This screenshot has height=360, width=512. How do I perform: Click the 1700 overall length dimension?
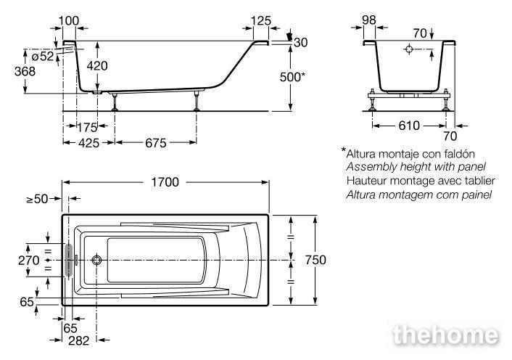coord(165,182)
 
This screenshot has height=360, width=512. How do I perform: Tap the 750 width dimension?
coord(315,260)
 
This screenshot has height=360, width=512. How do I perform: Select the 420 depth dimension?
coord(97,66)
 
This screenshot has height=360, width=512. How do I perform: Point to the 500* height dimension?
coord(292,77)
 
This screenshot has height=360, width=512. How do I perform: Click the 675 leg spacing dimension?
coord(156,143)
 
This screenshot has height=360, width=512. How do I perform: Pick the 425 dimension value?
coord(88,143)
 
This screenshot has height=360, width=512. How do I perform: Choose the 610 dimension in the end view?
coord(409,126)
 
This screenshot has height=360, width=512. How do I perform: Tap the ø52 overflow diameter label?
coord(43,56)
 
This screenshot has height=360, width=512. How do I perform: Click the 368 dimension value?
coord(25,71)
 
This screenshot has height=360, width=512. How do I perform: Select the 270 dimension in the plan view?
coord(29,261)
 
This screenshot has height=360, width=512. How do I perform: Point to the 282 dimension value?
coord(79,340)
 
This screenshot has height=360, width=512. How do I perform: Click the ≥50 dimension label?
coord(37,199)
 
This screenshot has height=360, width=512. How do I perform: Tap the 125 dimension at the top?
coord(261,21)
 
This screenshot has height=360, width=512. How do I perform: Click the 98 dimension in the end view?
coord(369,20)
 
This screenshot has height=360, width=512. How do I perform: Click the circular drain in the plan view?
coord(96,260)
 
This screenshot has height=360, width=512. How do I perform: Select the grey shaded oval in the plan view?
coord(69,260)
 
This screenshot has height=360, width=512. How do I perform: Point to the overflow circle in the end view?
coord(409,49)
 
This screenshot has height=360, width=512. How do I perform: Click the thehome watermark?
coord(446,335)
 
